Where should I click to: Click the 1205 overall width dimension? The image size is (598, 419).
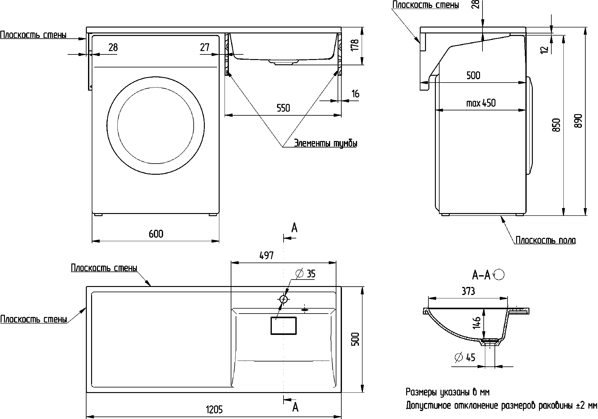pyautogui.click(x=214, y=410)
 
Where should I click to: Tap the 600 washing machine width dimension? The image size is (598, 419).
pyautogui.click(x=156, y=234)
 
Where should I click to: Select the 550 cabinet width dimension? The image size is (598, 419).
pyautogui.click(x=283, y=108)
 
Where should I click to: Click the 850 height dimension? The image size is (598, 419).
pyautogui.click(x=556, y=125)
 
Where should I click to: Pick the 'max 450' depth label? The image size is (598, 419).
pyautogui.click(x=481, y=103)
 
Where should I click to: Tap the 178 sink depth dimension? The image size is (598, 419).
pyautogui.click(x=355, y=45)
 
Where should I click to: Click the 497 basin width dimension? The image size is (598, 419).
pyautogui.click(x=266, y=255)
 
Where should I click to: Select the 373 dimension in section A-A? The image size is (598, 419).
pyautogui.click(x=468, y=291)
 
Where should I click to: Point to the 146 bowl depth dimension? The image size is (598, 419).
pyautogui.click(x=477, y=323)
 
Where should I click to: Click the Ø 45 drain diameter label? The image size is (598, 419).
pyautogui.click(x=465, y=357)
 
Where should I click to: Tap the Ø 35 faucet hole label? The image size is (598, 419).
pyautogui.click(x=305, y=274)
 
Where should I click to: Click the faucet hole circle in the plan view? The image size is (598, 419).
pyautogui.click(x=284, y=299)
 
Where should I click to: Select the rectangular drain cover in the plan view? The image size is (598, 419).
pyautogui.click(x=284, y=326)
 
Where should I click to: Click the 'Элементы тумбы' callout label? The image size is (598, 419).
pyautogui.click(x=326, y=143)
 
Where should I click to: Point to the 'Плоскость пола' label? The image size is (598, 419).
pyautogui.click(x=545, y=240)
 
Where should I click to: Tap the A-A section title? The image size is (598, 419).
pyautogui.click(x=481, y=275)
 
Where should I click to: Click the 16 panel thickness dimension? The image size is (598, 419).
pyautogui.click(x=356, y=94)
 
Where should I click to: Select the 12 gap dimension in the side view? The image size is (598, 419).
pyautogui.click(x=546, y=49)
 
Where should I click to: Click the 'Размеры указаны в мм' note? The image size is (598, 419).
pyautogui.click(x=448, y=392)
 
